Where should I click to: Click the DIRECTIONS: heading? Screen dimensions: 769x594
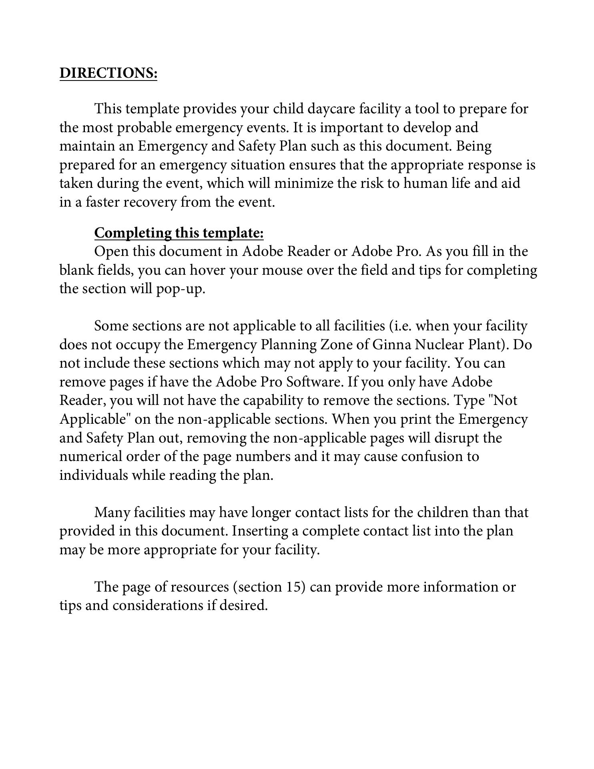108,73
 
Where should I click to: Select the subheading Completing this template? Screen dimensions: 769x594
179,233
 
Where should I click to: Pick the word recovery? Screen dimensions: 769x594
150,202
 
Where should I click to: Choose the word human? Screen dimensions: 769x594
424,183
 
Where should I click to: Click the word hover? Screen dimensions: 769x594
206,270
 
